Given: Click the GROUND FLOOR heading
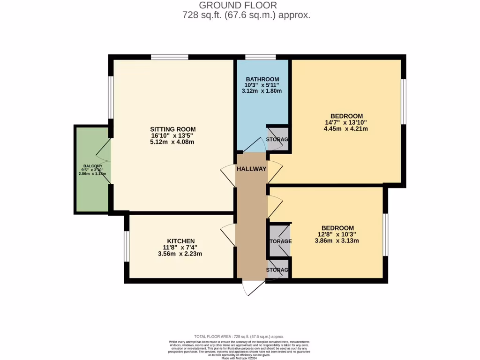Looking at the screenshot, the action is coord(238,5).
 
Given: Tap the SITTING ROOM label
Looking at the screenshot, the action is coord(172,129).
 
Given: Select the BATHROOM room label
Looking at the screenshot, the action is coord(262,79).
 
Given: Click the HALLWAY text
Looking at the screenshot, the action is coord(251,169).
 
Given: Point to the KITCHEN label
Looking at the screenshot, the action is coord(180,241).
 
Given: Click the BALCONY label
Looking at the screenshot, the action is coord(93,166).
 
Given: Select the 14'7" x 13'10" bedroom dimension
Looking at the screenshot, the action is coord(346,123).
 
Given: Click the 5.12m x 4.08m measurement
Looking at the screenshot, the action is coord(172,142).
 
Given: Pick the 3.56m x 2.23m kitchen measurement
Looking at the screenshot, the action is coord(180,254).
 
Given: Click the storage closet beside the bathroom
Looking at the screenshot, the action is coord(277,139).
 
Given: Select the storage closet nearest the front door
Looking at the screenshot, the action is coord(277,270).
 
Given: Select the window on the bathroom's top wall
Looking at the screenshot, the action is coord(260,57).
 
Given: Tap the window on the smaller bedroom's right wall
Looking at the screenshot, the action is coord(385,234).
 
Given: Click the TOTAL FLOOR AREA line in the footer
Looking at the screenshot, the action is coord(239,337).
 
